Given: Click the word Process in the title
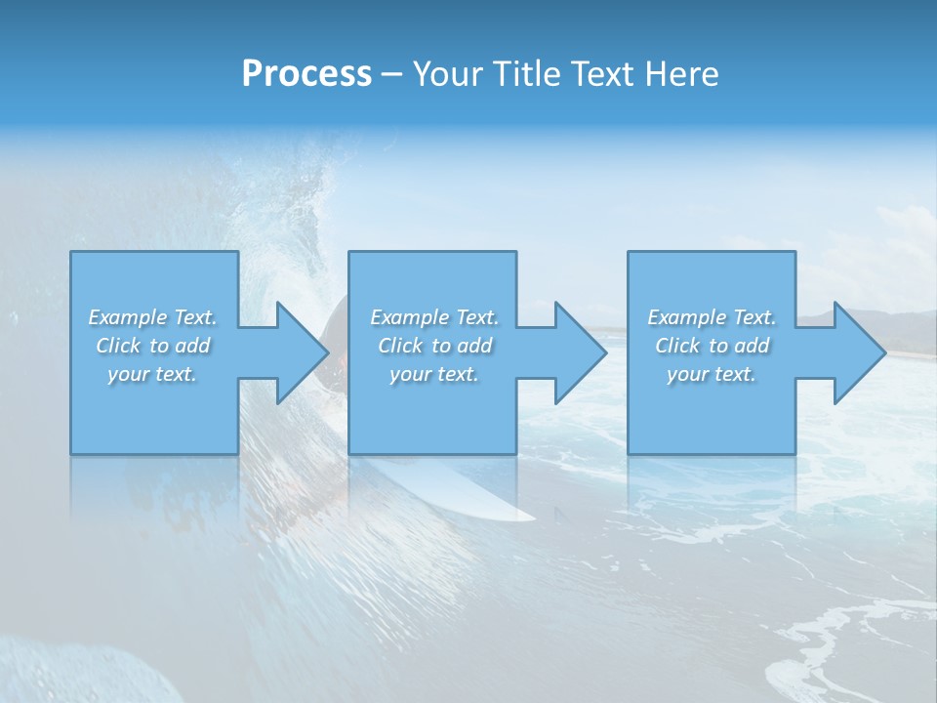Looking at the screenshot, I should pos(306,74).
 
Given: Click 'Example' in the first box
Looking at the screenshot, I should pos(127,317).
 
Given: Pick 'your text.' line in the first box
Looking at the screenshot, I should pos(153,374).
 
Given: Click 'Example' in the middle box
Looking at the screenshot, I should pos(409,317).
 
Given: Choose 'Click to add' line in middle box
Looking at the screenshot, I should pos(434,346).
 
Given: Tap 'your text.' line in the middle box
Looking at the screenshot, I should pos(434,374).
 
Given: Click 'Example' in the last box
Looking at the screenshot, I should pos(686,317).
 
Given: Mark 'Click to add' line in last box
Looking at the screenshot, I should pos(712,346).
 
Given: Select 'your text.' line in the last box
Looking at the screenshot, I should pos(712,374).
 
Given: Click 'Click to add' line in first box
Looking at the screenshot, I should pos(153,346).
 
